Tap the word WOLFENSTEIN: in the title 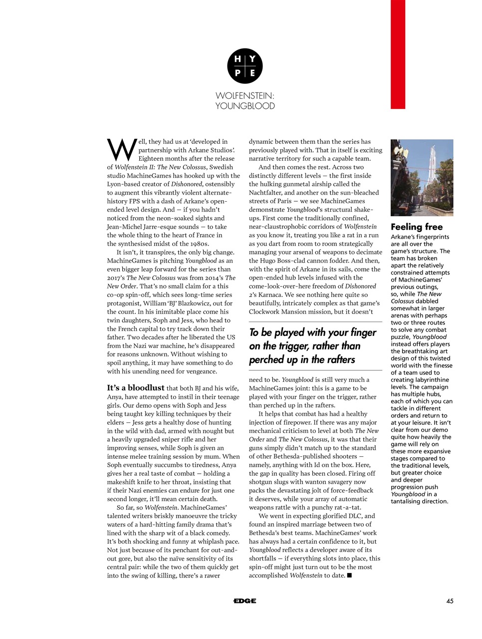point(244,95)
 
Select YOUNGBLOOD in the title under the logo point(244,106)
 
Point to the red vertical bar point(398,54)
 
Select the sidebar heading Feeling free point(416,227)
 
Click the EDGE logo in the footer point(244,601)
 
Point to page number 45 point(450,601)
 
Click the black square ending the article point(349,576)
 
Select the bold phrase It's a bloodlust point(135,388)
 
